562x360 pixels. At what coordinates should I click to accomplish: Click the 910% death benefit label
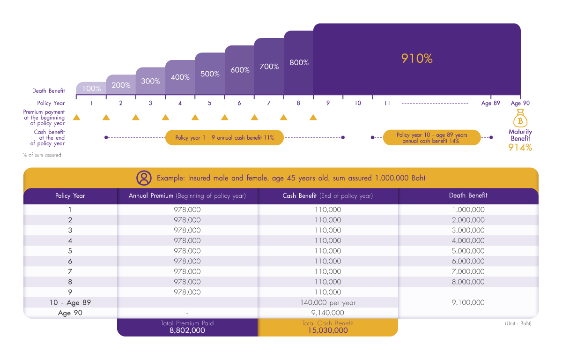417,59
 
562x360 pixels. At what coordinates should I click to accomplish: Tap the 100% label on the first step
91,88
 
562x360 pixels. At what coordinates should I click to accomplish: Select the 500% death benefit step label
210,74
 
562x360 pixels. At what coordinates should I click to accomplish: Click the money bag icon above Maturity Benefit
520,119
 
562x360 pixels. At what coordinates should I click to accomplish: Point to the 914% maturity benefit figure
520,147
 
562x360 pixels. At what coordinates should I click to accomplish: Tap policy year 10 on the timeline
358,103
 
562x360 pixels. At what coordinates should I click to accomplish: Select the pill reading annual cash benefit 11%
224,138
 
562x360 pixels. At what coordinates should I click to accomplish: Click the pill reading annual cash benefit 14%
431,138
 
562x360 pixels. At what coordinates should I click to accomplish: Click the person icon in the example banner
144,178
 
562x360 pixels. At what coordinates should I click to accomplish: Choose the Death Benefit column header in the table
468,195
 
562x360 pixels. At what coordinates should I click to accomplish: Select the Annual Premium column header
187,195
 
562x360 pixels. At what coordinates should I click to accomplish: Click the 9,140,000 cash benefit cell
328,313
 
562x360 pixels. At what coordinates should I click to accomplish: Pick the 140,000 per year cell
328,302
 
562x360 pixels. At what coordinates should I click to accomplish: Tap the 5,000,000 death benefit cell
468,251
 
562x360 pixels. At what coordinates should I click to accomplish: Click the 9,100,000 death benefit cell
468,302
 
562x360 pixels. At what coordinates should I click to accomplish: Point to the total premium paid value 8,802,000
187,330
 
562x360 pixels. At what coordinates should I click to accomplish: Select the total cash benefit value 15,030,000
328,330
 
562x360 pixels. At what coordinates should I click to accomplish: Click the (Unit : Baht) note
518,323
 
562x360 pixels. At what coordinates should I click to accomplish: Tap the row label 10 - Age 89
70,302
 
